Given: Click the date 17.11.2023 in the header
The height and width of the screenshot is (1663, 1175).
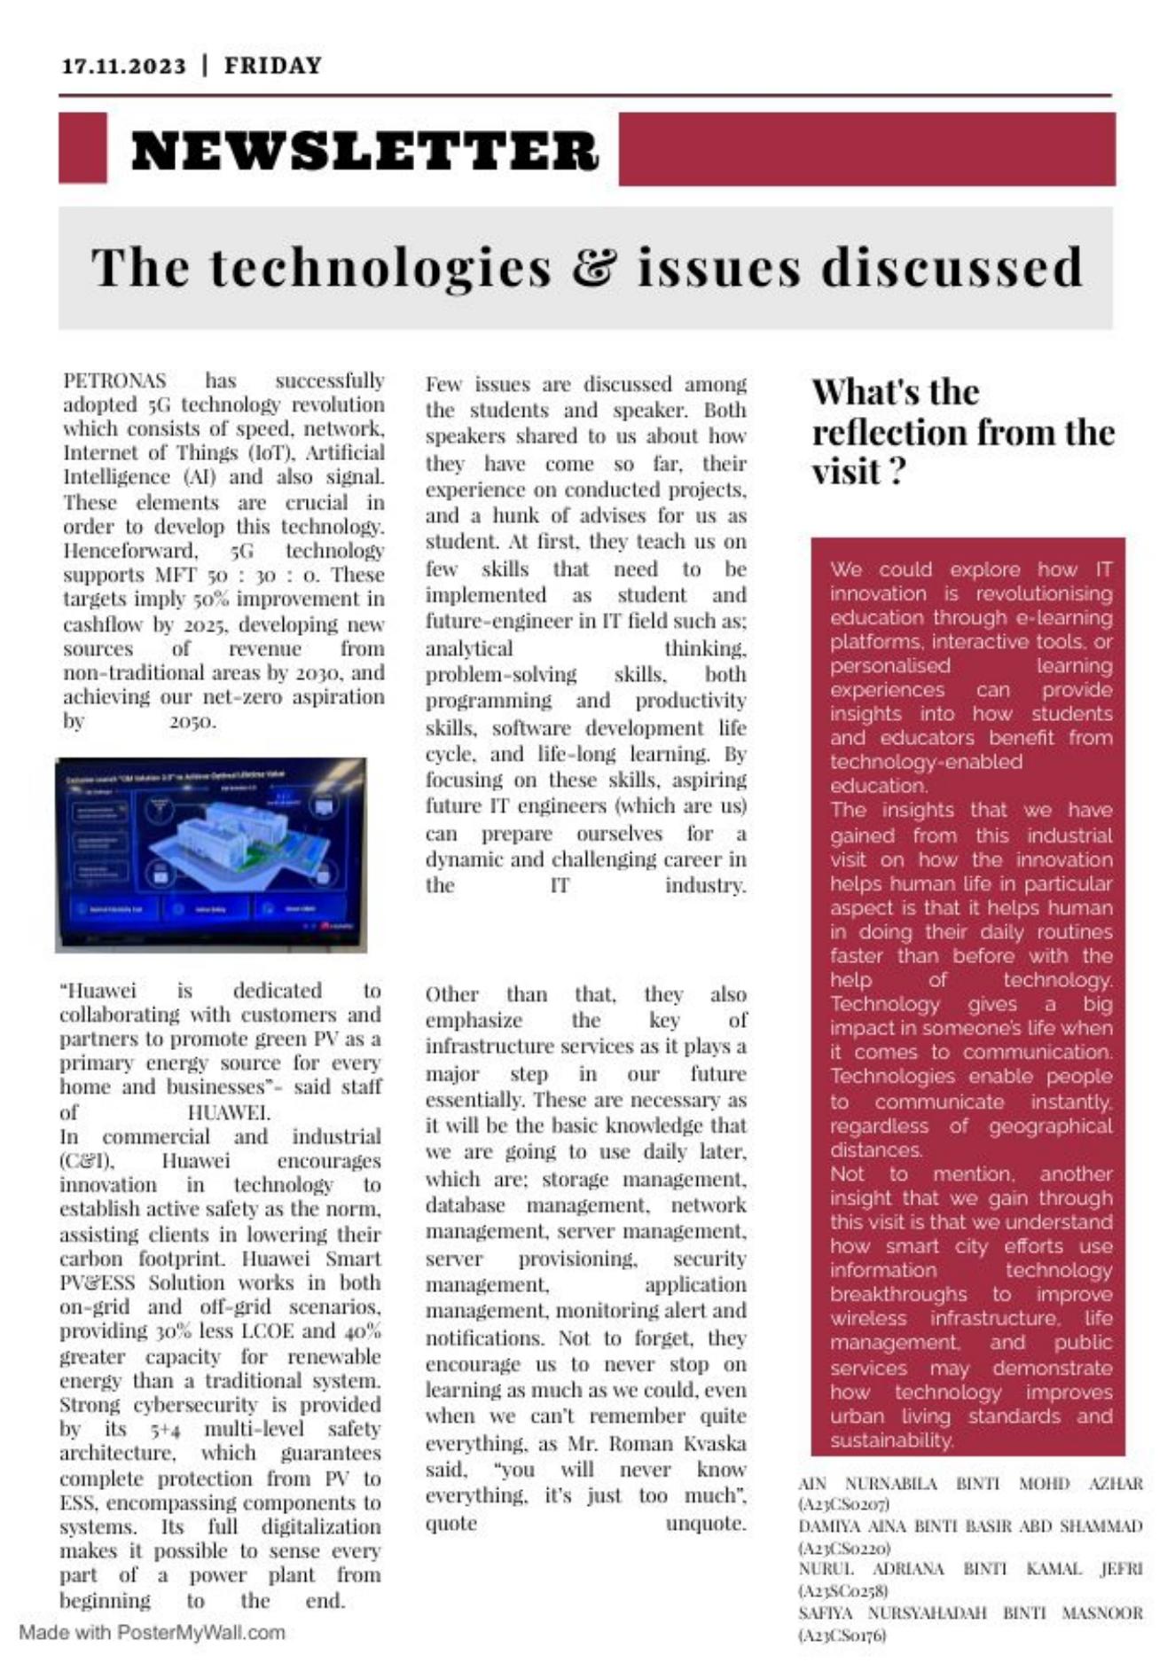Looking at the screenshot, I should click(x=124, y=67).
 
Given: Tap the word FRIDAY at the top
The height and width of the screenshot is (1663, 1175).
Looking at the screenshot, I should click(x=273, y=67).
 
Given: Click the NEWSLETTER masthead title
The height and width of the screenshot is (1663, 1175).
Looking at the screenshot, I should click(x=364, y=151).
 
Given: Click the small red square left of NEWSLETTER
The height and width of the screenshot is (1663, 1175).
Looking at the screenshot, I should click(x=82, y=148).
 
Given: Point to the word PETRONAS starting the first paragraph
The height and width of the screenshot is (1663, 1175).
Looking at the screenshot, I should click(x=114, y=381).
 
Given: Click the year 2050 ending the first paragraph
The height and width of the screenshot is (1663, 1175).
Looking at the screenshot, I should click(x=192, y=721).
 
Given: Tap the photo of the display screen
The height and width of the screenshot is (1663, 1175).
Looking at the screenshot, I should click(x=211, y=855).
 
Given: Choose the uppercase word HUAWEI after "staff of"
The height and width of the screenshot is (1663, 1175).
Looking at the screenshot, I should click(x=229, y=1112).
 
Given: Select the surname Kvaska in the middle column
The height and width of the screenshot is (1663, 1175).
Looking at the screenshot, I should click(x=715, y=1443).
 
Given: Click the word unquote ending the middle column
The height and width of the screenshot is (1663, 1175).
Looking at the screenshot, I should click(x=706, y=1523).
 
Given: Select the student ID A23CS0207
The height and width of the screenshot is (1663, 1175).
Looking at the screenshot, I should click(x=845, y=1504).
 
